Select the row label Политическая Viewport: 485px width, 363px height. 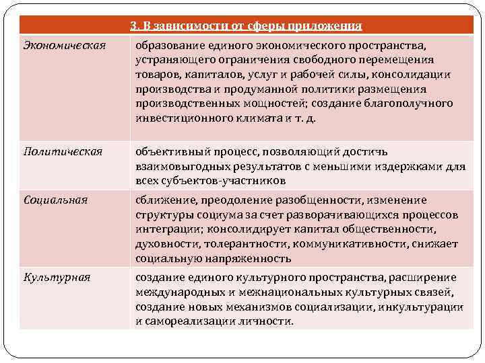coord(63,151)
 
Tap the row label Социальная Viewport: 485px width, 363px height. coord(55,200)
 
